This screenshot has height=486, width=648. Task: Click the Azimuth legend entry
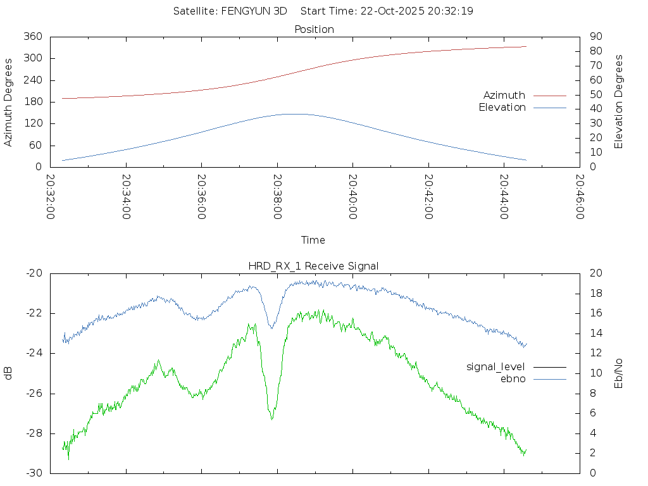tap(504, 95)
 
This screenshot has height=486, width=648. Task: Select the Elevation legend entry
tap(502, 108)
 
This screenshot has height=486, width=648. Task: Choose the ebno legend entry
tap(513, 378)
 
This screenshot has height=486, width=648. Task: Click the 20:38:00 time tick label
tap(277, 197)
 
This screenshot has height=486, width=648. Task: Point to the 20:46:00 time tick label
tap(580, 197)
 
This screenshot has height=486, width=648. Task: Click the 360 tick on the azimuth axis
tap(32, 37)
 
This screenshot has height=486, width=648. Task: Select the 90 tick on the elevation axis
tap(594, 37)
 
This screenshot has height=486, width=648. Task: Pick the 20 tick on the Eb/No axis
tap(594, 273)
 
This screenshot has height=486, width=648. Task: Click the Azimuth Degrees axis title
tap(8, 102)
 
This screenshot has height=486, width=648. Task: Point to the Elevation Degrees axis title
tap(619, 102)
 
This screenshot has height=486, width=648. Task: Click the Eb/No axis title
tap(619, 373)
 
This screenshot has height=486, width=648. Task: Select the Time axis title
tap(313, 240)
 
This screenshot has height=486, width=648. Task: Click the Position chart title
tap(315, 29)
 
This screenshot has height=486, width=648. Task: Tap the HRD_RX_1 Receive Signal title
tap(313, 266)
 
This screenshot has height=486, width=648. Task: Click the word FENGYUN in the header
tap(243, 11)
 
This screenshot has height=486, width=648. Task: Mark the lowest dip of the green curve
tap(272, 419)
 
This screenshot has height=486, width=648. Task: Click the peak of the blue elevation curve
tap(292, 114)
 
